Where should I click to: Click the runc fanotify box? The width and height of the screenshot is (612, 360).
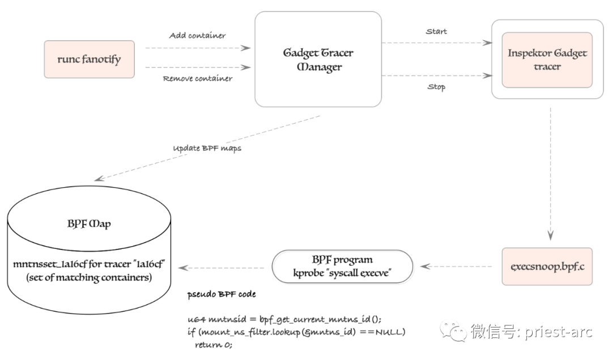(x=89, y=59)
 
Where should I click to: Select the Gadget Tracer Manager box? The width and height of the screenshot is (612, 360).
(x=317, y=60)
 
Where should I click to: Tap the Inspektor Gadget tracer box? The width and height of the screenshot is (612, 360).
(x=547, y=60)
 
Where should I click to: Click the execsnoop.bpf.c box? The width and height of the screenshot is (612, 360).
(x=547, y=265)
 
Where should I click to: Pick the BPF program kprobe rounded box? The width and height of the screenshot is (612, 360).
(x=342, y=266)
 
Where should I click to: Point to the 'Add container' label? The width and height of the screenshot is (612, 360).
(x=197, y=36)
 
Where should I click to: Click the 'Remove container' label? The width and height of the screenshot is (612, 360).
(x=197, y=79)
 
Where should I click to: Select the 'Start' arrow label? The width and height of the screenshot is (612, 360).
(x=436, y=32)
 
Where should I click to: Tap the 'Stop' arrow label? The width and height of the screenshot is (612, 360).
(x=436, y=87)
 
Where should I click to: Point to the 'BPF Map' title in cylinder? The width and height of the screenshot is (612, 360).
(x=89, y=223)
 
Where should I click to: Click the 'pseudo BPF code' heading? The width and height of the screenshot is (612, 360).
(x=221, y=295)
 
